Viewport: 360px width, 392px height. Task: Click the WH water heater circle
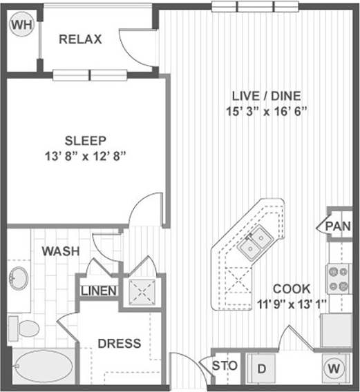(21, 26)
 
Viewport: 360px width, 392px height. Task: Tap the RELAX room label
(80, 39)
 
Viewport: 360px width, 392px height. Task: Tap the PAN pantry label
(338, 226)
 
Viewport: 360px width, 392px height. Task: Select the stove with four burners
(339, 277)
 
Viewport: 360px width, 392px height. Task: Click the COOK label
(292, 288)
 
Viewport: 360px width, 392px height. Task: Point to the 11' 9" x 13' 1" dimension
(291, 303)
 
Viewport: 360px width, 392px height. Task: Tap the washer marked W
(334, 369)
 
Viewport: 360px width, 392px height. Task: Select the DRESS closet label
(119, 343)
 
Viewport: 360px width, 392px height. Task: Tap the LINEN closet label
(99, 291)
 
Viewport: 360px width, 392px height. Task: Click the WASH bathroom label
(60, 251)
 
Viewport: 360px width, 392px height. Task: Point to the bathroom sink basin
(19, 280)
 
